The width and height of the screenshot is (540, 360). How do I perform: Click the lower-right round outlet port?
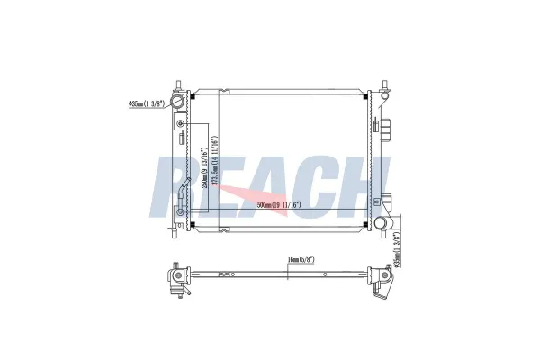tap(382, 222)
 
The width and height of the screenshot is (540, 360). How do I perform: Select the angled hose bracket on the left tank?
tap(184, 191)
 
